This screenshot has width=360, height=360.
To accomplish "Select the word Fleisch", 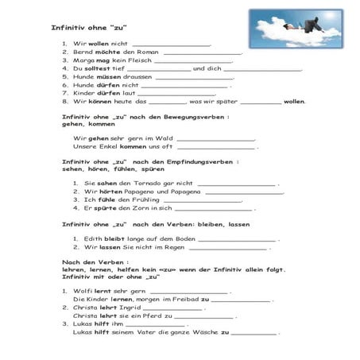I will tap(139, 60).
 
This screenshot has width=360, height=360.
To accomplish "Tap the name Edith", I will tap(91, 238).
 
